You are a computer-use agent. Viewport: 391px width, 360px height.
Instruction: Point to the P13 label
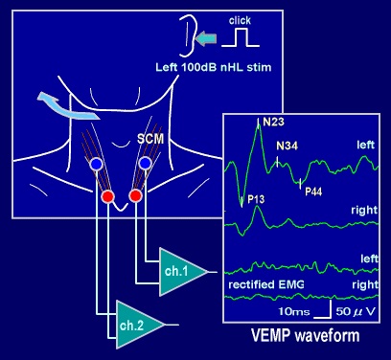coord(255,199)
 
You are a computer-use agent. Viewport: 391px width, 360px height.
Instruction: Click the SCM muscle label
coord(150,139)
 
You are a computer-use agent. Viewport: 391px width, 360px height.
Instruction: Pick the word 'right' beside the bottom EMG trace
coord(363,284)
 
